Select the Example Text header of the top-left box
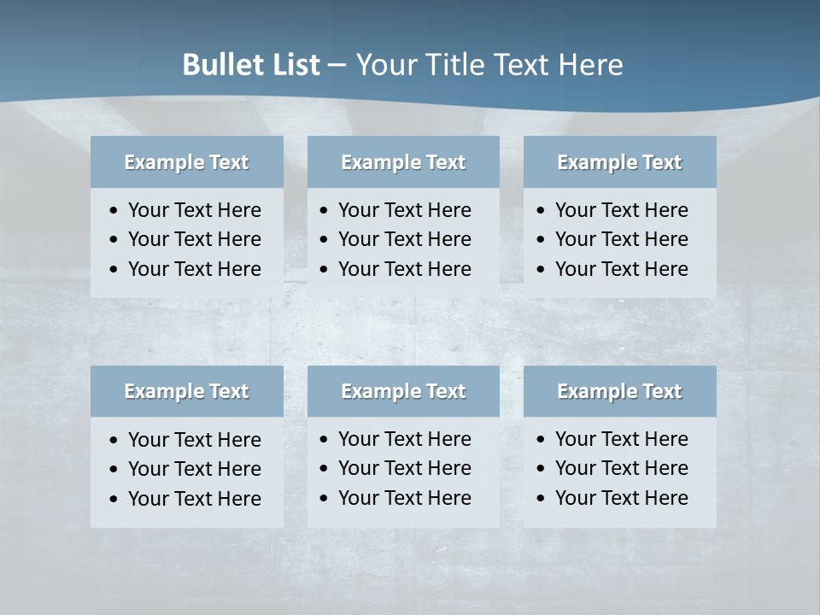click(x=186, y=162)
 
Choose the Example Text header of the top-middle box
click(x=403, y=162)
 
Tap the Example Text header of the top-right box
click(x=619, y=162)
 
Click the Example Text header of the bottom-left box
click(x=186, y=391)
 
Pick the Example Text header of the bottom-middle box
click(x=403, y=391)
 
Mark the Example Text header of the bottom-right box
click(x=619, y=391)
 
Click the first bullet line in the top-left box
click(x=194, y=210)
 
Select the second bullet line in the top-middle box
click(x=404, y=239)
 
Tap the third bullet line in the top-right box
click(x=621, y=269)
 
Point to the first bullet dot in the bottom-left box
click(x=114, y=441)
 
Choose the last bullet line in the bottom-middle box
click(x=404, y=498)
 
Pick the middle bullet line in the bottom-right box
click(x=621, y=468)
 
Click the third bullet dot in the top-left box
click(x=114, y=270)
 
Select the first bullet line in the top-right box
click(x=621, y=210)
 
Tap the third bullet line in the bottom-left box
click(x=194, y=499)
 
